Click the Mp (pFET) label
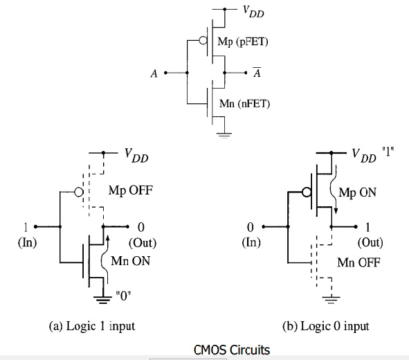pyautogui.click(x=243, y=42)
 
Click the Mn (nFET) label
pyautogui.click(x=244, y=104)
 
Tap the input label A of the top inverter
pyautogui.click(x=154, y=73)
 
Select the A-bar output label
pyautogui.click(x=257, y=73)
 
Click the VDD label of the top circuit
pyautogui.click(x=253, y=12)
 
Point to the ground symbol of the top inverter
pyautogui.click(x=224, y=135)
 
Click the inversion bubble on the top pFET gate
pyautogui.click(x=203, y=40)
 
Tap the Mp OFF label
pyautogui.click(x=130, y=190)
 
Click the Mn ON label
pyautogui.click(x=130, y=261)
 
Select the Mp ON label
pyautogui.click(x=357, y=193)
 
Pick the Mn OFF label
pyautogui.click(x=358, y=262)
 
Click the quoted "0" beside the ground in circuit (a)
pyautogui.click(x=123, y=296)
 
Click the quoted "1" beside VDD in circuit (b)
pyautogui.click(x=388, y=152)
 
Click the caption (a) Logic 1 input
pyautogui.click(x=92, y=326)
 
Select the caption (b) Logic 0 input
pyautogui.click(x=326, y=326)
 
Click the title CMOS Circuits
pyautogui.click(x=232, y=350)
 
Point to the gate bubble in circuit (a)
pyautogui.click(x=79, y=192)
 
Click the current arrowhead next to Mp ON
pyautogui.click(x=336, y=210)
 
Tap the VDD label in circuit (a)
pyautogui.click(x=136, y=156)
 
